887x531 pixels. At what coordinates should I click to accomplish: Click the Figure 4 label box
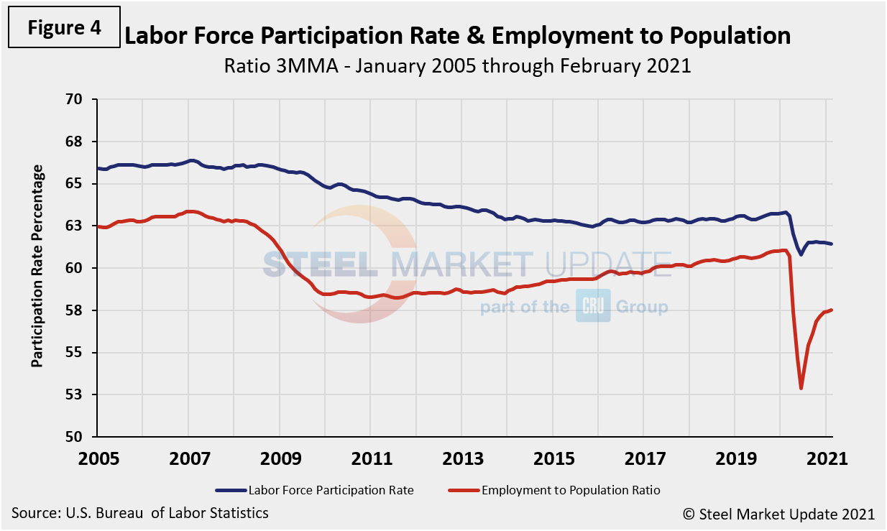[65, 28]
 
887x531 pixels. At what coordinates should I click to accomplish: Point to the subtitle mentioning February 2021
[457, 66]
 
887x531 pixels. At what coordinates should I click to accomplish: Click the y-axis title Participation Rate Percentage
[37, 266]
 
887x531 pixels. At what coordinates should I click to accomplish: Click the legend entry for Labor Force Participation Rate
[331, 490]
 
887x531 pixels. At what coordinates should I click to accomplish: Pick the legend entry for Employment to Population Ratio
[570, 490]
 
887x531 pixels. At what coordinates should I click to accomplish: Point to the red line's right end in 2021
[832, 310]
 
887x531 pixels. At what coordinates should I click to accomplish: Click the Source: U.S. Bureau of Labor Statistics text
[140, 513]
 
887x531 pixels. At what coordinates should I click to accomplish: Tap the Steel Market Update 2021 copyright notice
[778, 514]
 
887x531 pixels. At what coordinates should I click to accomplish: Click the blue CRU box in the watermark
[593, 306]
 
